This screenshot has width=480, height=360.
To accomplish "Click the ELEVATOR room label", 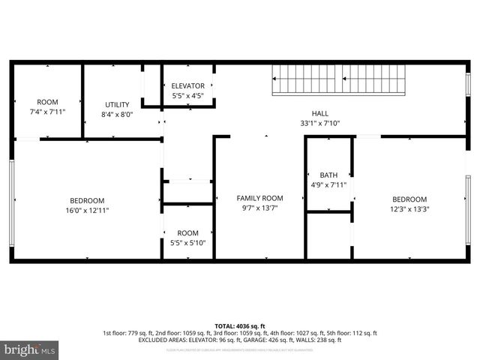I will (187, 86).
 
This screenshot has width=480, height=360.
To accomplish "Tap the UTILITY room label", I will (117, 105).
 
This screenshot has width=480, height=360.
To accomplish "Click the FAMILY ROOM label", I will (259, 198).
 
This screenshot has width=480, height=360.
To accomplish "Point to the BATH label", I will (328, 175).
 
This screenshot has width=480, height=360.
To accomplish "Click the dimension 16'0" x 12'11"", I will (87, 210).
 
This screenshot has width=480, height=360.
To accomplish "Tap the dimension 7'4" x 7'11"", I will (47, 112).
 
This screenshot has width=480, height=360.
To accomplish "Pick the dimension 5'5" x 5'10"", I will (187, 243).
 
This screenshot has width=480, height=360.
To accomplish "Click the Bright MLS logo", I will (30, 349).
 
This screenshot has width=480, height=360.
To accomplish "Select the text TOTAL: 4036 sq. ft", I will (240, 326).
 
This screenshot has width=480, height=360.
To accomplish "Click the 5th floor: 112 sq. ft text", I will (352, 333).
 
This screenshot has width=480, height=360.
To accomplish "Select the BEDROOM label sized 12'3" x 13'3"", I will (409, 199).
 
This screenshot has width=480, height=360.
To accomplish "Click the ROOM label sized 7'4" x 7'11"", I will (47, 102).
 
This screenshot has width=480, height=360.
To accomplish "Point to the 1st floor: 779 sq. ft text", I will (130, 333).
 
